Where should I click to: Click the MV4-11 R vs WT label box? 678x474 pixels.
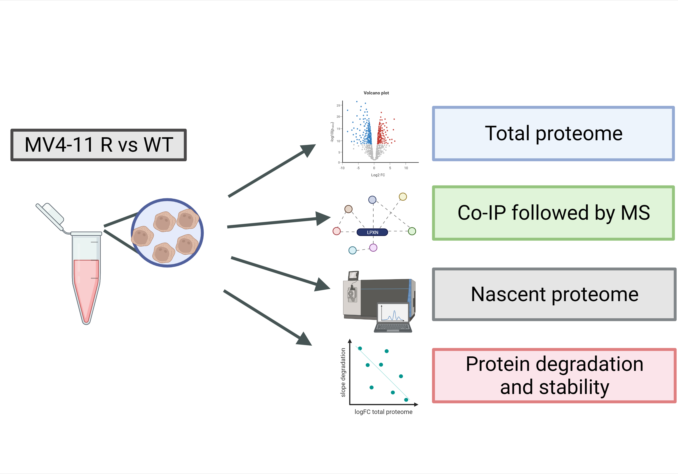point(98,145)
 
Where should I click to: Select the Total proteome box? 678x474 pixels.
point(553,134)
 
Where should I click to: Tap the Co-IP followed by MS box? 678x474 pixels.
point(553,213)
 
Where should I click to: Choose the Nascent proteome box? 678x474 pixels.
point(554,294)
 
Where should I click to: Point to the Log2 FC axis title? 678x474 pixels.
point(378,175)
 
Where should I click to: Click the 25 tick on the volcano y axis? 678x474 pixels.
point(338,105)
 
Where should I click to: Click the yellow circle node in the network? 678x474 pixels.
point(403,196)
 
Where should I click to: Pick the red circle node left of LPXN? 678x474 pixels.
point(336,231)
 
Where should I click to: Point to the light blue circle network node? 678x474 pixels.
point(352,250)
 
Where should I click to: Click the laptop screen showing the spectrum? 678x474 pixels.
point(393,313)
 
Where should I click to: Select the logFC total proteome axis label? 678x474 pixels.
point(383,412)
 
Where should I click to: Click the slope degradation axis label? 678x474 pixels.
point(343,372)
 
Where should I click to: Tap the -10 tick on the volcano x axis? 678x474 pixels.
point(342,168)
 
